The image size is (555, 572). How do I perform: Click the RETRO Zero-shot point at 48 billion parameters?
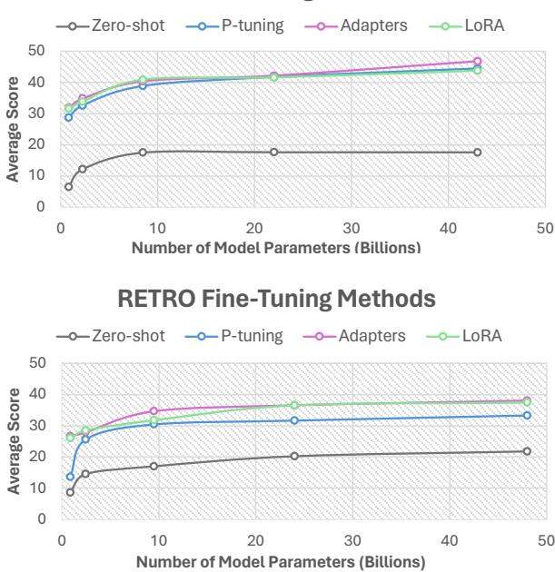pyautogui.click(x=527, y=451)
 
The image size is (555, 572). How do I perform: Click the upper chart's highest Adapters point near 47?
pyautogui.click(x=478, y=61)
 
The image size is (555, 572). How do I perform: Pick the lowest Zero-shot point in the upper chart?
pyautogui.click(x=68, y=187)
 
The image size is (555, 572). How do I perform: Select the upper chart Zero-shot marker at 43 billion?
pyautogui.click(x=478, y=152)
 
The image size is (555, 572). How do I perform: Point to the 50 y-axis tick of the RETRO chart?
pyautogui.click(x=37, y=363)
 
